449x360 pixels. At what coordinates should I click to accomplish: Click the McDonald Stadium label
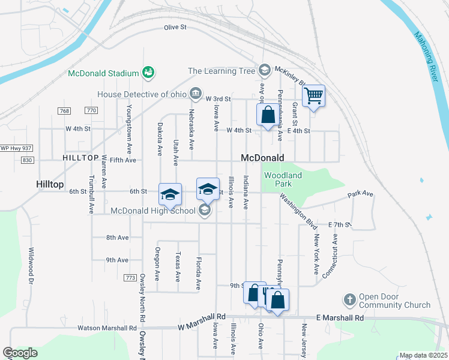[103, 73]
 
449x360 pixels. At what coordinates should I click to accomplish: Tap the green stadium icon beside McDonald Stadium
[148, 73]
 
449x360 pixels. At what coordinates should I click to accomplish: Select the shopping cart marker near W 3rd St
[313, 95]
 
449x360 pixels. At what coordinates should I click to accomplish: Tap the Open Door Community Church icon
[350, 299]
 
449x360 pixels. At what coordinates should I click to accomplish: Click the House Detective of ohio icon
[196, 94]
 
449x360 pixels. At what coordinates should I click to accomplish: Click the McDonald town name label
[262, 158]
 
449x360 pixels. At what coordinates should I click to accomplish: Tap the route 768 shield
[65, 111]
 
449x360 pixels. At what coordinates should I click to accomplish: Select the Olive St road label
[175, 28]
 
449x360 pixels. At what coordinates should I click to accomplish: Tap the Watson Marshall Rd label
[107, 328]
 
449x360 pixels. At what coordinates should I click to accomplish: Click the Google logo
[20, 353]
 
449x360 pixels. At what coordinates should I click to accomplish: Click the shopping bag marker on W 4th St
[268, 116]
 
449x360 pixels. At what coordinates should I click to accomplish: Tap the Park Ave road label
[361, 194]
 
